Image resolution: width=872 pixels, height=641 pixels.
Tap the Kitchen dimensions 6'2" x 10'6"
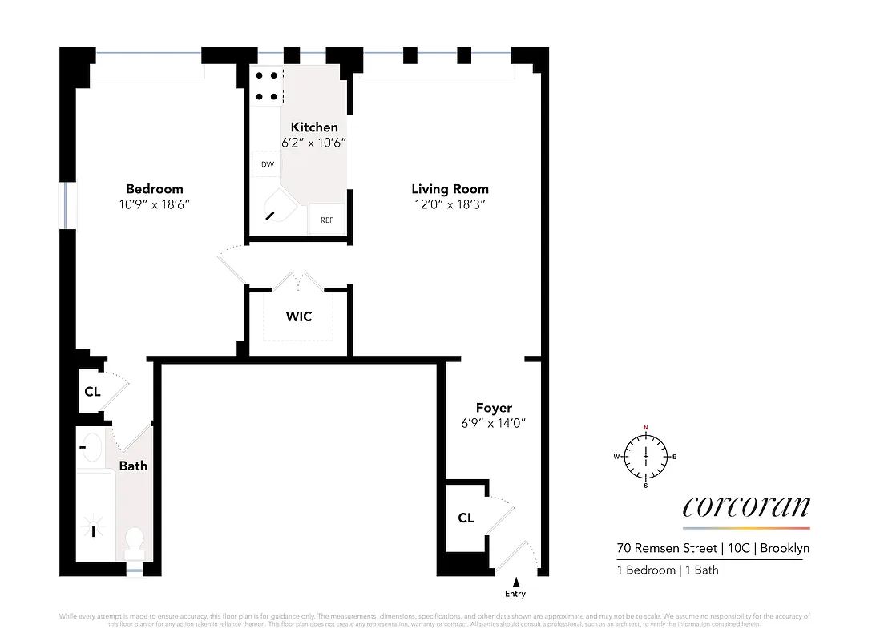coord(313,143)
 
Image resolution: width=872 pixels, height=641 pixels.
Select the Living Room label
coord(450,189)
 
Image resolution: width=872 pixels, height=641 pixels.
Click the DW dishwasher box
coord(267,164)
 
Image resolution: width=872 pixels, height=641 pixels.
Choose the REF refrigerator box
coord(327,220)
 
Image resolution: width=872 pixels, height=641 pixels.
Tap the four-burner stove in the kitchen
coord(268,86)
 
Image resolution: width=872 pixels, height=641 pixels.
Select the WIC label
coord(299,316)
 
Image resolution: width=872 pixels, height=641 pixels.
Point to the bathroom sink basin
coord(92,447)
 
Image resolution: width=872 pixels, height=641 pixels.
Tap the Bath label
coord(133,466)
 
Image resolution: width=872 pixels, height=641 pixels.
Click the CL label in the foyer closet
coord(466,518)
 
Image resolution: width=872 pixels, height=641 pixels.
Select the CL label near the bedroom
coord(92,393)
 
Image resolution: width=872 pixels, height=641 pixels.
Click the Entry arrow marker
coord(516,582)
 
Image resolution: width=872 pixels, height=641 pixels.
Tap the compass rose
coord(645,457)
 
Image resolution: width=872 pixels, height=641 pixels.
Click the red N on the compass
coord(645,428)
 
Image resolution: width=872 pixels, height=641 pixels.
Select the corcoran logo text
coord(745,506)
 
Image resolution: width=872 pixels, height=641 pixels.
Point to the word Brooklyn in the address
coord(785,549)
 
